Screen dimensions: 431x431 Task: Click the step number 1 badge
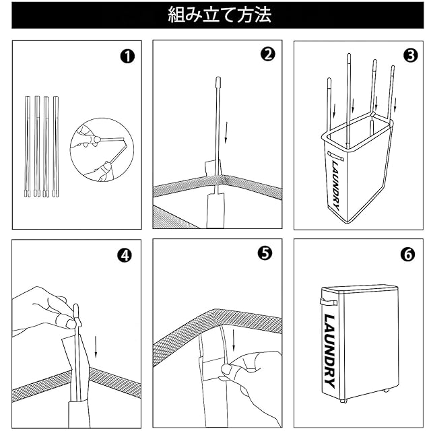[127, 57]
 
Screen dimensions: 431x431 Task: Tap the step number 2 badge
[268, 54]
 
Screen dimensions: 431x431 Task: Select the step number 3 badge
[410, 55]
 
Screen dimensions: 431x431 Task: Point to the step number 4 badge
[125, 256]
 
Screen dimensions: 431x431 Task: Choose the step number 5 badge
[265, 253]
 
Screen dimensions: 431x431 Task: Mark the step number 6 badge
[408, 255]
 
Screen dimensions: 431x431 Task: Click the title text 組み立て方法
[220, 15]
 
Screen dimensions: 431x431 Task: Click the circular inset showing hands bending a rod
[102, 150]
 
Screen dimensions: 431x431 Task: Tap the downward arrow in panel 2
[226, 133]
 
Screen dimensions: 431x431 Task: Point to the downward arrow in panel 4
[96, 347]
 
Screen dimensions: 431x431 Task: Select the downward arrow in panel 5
[234, 340]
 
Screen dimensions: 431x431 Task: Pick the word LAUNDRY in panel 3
[336, 185]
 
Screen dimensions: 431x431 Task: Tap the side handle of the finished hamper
[329, 302]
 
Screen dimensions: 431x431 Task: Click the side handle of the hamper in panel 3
[335, 156]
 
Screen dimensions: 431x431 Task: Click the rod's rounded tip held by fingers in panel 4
[76, 310]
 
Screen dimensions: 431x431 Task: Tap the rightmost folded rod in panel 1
[55, 147]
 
